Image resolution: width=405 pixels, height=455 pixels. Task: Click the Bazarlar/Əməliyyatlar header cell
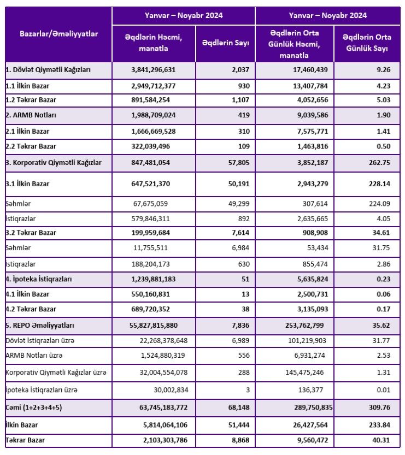(x=58, y=34)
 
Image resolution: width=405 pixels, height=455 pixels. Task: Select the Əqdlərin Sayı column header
(x=225, y=43)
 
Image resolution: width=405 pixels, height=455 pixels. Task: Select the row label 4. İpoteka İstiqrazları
(x=39, y=279)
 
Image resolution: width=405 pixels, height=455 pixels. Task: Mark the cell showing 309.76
(x=379, y=407)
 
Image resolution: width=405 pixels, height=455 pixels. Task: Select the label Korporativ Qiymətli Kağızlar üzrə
(x=56, y=373)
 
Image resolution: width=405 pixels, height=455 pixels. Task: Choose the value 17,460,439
(x=306, y=70)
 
